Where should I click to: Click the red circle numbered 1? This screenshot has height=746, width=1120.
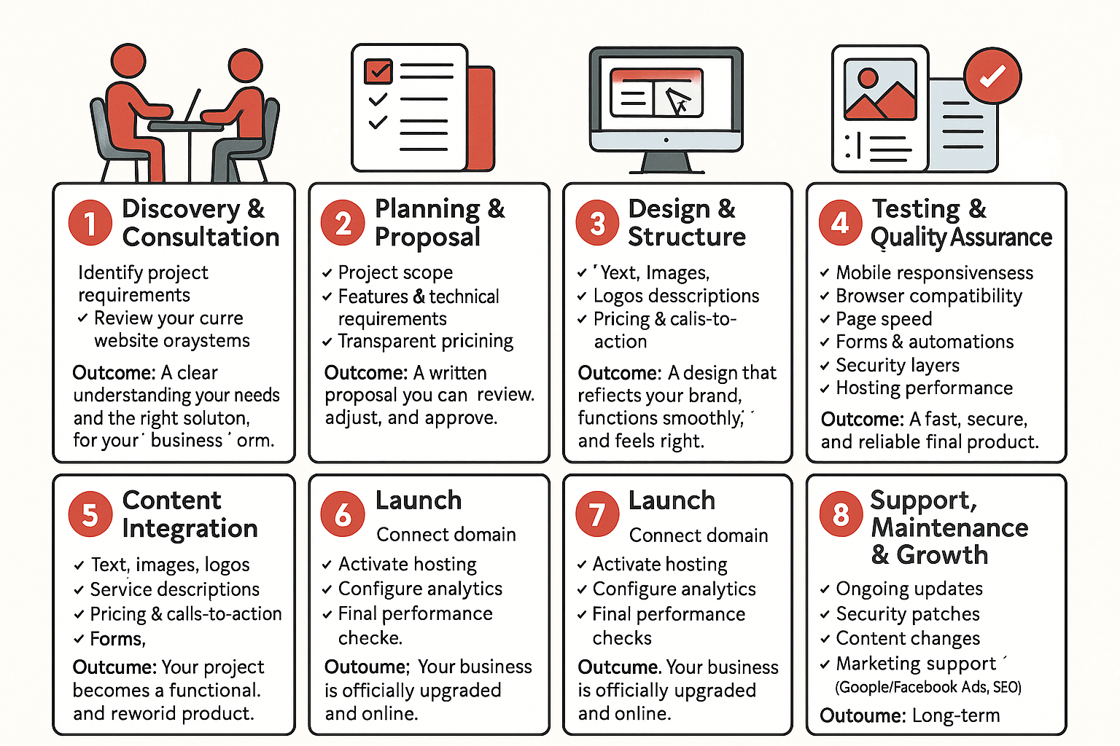click(x=90, y=223)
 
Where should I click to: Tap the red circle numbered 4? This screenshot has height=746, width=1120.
click(x=840, y=222)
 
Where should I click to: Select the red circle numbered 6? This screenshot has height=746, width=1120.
click(x=343, y=514)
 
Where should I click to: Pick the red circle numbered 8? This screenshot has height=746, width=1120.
click(x=841, y=514)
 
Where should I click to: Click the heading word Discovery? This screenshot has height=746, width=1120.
click(x=181, y=209)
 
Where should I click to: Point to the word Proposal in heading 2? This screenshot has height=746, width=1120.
click(x=427, y=237)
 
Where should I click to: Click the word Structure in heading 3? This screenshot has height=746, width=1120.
click(x=687, y=237)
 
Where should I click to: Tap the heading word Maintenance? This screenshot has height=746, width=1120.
click(x=949, y=527)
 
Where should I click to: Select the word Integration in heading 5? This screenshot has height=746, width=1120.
click(x=190, y=529)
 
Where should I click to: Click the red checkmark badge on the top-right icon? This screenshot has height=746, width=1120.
click(x=992, y=76)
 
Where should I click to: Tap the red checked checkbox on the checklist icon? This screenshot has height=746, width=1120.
click(x=378, y=71)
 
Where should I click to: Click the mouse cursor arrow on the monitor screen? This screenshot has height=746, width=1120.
click(x=678, y=101)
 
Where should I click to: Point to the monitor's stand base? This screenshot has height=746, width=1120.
click(x=666, y=165)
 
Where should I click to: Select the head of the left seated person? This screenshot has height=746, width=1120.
click(x=128, y=61)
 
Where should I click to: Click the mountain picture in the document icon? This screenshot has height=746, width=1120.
click(x=879, y=90)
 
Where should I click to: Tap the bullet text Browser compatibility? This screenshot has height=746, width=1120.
click(x=928, y=296)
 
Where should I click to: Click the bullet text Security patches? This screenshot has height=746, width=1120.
click(x=907, y=614)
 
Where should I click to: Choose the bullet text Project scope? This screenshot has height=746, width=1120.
click(x=395, y=272)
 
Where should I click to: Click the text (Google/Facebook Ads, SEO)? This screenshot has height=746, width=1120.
click(x=927, y=687)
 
